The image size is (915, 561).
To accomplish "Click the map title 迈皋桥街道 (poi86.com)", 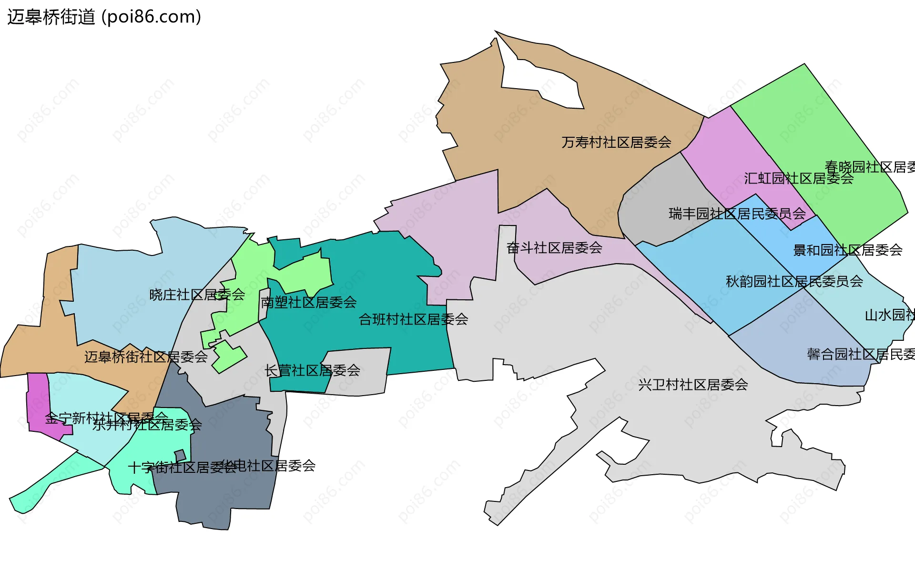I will tap(104, 17).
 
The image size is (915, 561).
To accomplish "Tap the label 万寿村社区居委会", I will tap(616, 142).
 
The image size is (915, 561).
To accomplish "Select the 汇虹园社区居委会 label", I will tap(798, 178).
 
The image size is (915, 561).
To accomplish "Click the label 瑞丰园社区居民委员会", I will tap(737, 214).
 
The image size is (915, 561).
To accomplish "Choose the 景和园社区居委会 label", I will tap(847, 250).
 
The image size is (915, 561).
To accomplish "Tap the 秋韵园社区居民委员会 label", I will tap(794, 281).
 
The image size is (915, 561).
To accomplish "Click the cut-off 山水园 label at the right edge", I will tap(889, 315).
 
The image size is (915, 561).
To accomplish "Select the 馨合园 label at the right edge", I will tap(861, 354).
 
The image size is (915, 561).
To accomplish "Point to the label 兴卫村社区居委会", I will tap(692, 385).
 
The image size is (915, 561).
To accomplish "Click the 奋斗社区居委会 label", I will tap(554, 247).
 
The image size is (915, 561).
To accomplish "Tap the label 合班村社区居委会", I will tap(413, 319).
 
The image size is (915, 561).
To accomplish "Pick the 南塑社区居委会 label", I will tap(308, 302).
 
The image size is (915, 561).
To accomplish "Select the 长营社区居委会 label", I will tap(312, 370).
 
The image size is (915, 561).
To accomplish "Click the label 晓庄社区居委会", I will tap(197, 295).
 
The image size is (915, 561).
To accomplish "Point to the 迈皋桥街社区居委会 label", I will tap(146, 357).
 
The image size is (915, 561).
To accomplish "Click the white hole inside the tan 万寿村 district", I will tap(543, 81).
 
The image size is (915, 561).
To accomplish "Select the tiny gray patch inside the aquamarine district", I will tap(180, 456).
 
